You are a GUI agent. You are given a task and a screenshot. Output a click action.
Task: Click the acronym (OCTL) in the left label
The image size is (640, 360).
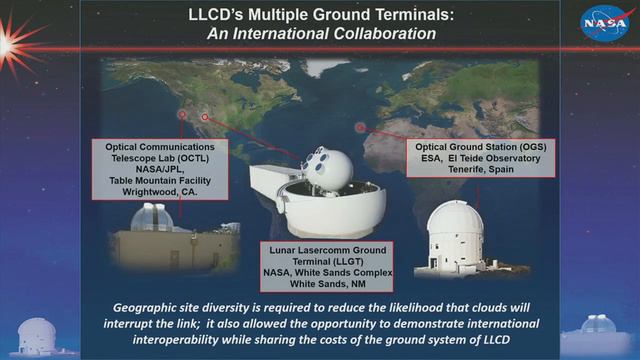coord(199,157)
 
